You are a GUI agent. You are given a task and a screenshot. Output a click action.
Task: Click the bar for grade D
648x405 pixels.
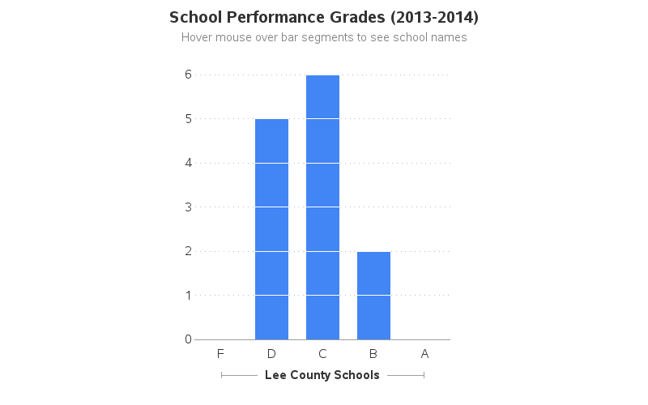[271, 229]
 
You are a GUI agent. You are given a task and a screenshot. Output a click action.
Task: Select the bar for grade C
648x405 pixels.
[322, 207]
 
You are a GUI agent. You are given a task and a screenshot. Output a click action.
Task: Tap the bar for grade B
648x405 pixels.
[373, 296]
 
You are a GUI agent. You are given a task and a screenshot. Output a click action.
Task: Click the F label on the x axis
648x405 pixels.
[220, 353]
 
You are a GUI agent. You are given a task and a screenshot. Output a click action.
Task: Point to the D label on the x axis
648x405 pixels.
[271, 353]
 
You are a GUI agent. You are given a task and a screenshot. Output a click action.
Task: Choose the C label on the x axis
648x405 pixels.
[322, 353]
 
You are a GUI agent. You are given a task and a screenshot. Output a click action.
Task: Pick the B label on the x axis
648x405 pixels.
[373, 353]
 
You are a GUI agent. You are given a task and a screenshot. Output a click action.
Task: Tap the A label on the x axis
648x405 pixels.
[424, 353]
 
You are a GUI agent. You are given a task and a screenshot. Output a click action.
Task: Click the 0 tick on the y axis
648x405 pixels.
[188, 339]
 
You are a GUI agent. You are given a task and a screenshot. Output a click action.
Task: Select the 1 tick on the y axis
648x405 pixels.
[188, 295]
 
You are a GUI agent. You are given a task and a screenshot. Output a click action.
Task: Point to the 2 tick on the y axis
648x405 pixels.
[188, 251]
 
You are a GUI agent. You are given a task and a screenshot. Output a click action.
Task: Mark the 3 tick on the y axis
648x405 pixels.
[188, 207]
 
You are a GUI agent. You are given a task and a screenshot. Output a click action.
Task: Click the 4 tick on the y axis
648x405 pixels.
[188, 163]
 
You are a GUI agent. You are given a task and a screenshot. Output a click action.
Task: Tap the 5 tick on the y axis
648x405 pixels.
[188, 118]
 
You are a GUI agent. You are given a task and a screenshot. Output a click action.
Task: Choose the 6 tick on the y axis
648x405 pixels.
[188, 75]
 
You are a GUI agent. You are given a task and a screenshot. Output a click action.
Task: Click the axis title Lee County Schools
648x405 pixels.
[322, 375]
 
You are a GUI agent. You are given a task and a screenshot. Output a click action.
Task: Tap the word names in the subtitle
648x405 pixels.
[450, 37]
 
